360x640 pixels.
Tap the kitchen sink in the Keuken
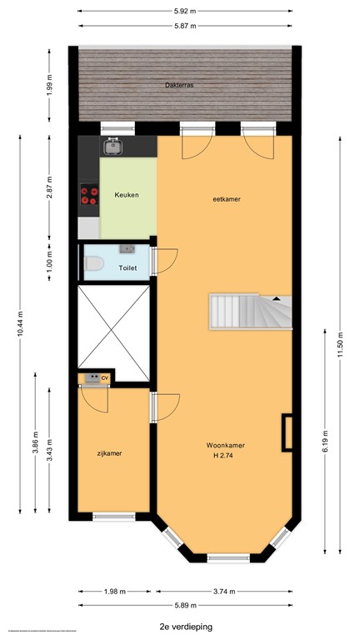pyautogui.click(x=113, y=147)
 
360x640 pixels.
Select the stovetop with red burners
pyautogui.click(x=88, y=196)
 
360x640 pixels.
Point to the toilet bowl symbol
pyautogui.click(x=93, y=264)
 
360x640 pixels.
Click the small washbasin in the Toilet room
pyautogui.click(x=127, y=248)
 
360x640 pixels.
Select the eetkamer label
pyautogui.click(x=226, y=199)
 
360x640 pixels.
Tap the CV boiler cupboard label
pyautogui.click(x=105, y=378)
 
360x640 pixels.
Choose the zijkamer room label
pyautogui.click(x=108, y=453)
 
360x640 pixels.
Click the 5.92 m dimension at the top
pyautogui.click(x=185, y=12)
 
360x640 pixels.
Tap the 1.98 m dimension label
pyautogui.click(x=115, y=592)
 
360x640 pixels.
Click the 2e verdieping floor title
pyautogui.click(x=183, y=624)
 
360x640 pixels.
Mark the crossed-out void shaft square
pyautogui.click(x=113, y=327)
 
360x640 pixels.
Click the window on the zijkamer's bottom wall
pyautogui.click(x=113, y=517)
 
